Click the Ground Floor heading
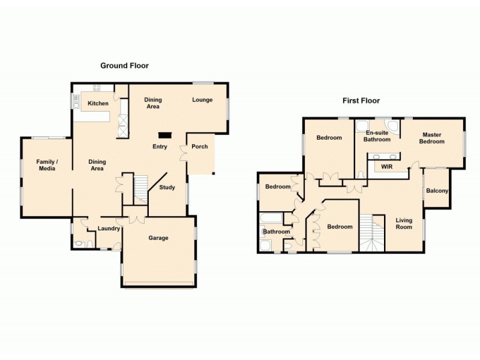(x=124, y=65)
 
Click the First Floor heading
(x=361, y=101)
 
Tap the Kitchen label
(x=98, y=104)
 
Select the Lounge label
(x=202, y=100)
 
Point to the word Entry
(x=160, y=147)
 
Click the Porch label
(x=199, y=147)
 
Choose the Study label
(x=167, y=187)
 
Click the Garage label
(x=158, y=238)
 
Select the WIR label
(x=386, y=167)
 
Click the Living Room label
(x=404, y=223)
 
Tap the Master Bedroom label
(x=433, y=138)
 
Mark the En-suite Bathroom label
(x=377, y=136)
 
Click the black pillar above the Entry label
(x=164, y=135)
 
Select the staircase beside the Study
(x=140, y=188)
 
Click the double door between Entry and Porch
(x=184, y=152)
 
